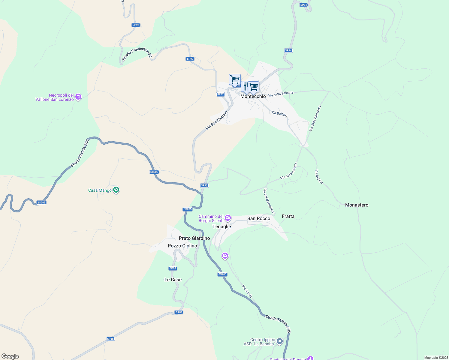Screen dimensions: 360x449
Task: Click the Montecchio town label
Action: click(253, 96)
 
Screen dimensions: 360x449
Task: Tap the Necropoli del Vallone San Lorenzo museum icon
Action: click(78, 97)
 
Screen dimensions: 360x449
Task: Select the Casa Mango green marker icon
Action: click(116, 190)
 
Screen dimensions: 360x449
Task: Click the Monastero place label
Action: click(357, 205)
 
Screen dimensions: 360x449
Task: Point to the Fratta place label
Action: click(288, 216)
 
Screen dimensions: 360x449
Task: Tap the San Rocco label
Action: click(259, 218)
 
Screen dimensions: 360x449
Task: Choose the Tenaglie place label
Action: click(222, 226)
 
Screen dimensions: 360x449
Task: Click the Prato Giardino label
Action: click(194, 238)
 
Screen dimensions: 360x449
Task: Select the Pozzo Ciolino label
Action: click(182, 246)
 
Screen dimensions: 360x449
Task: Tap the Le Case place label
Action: click(173, 280)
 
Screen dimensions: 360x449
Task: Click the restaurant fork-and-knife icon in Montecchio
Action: click(245, 86)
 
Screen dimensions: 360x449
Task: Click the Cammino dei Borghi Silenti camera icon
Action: click(228, 218)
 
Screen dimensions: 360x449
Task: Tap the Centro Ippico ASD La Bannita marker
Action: click(280, 341)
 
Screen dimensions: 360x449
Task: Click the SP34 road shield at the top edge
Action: click(304, 5)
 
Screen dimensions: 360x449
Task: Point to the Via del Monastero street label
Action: click(269, 201)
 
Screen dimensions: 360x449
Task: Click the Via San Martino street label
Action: click(216, 120)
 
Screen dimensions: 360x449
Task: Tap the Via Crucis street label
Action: click(247, 291)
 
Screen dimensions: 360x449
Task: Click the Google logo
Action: click(10, 356)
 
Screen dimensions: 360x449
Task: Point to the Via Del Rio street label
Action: click(319, 177)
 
